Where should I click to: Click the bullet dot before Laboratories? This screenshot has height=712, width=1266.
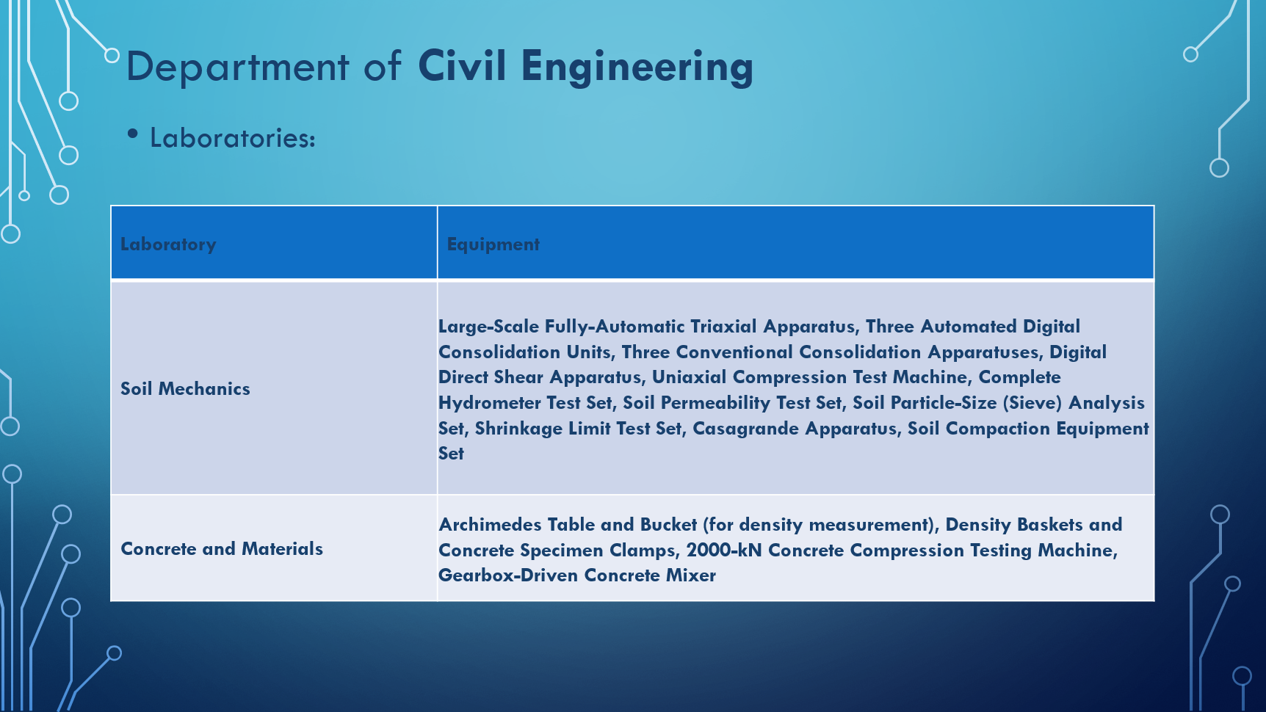[133, 134]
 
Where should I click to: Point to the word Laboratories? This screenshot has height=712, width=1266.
[233, 138]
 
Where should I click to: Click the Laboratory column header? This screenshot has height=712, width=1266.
[168, 244]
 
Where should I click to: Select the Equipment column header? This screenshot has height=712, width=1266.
[493, 244]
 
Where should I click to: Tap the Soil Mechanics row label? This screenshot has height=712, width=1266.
[185, 388]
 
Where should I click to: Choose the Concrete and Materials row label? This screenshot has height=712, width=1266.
[222, 548]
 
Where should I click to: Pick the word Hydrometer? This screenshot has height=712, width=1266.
[490, 403]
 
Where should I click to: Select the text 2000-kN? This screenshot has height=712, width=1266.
[724, 550]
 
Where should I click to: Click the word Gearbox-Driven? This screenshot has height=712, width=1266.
[508, 575]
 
